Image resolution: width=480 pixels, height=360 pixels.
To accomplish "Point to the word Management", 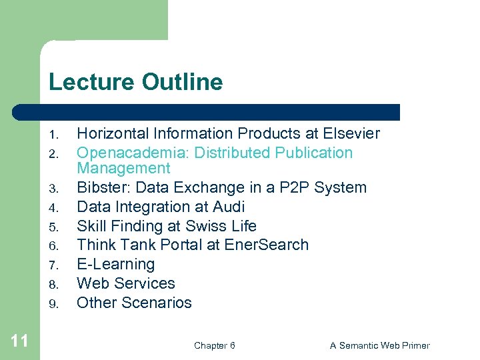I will [x=124, y=168].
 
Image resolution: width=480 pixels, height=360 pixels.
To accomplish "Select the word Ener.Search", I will [x=267, y=245].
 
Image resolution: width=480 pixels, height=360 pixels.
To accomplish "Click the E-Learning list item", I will [x=116, y=264].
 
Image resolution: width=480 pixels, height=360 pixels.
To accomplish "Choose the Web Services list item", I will [x=126, y=283].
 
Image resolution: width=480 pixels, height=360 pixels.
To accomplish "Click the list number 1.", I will [x=54, y=135].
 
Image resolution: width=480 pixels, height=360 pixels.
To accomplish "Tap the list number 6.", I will [x=54, y=246].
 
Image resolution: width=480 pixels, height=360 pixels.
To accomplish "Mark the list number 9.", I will [x=54, y=304].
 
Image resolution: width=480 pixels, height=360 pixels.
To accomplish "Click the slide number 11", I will [x=20, y=341].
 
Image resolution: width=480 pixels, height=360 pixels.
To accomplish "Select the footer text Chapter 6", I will [x=214, y=345].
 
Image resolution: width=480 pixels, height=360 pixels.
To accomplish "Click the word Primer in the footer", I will [x=413, y=345].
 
